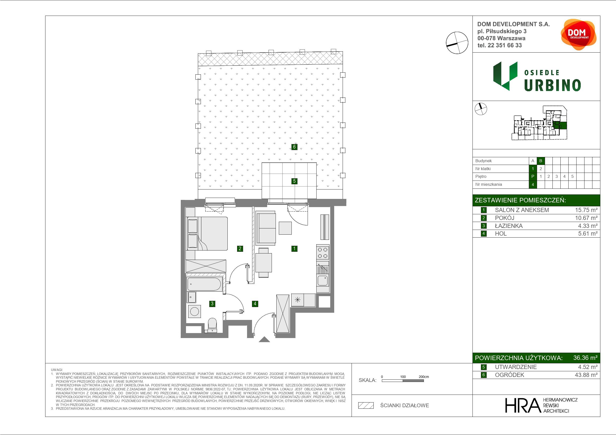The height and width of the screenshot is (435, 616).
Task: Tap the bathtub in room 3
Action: (x=204, y=284)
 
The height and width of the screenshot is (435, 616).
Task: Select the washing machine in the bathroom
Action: (x=194, y=311)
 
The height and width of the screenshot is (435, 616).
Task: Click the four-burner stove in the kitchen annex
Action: (x=323, y=253)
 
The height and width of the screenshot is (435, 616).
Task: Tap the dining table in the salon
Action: (x=263, y=263)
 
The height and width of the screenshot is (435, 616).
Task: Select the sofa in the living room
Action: (x=266, y=228)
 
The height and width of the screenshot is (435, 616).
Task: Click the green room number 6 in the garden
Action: (x=294, y=147)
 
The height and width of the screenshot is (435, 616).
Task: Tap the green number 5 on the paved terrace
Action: (x=294, y=181)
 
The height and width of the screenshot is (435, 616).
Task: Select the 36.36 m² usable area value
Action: (x=585, y=358)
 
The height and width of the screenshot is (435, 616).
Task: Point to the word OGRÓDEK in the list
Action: (x=509, y=375)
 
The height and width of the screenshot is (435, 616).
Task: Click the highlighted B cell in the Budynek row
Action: (x=541, y=161)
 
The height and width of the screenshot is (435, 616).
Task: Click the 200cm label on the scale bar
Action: (x=424, y=377)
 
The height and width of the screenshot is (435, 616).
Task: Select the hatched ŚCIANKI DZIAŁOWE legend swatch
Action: (x=366, y=405)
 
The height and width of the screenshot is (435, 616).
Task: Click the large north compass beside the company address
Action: (x=457, y=43)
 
